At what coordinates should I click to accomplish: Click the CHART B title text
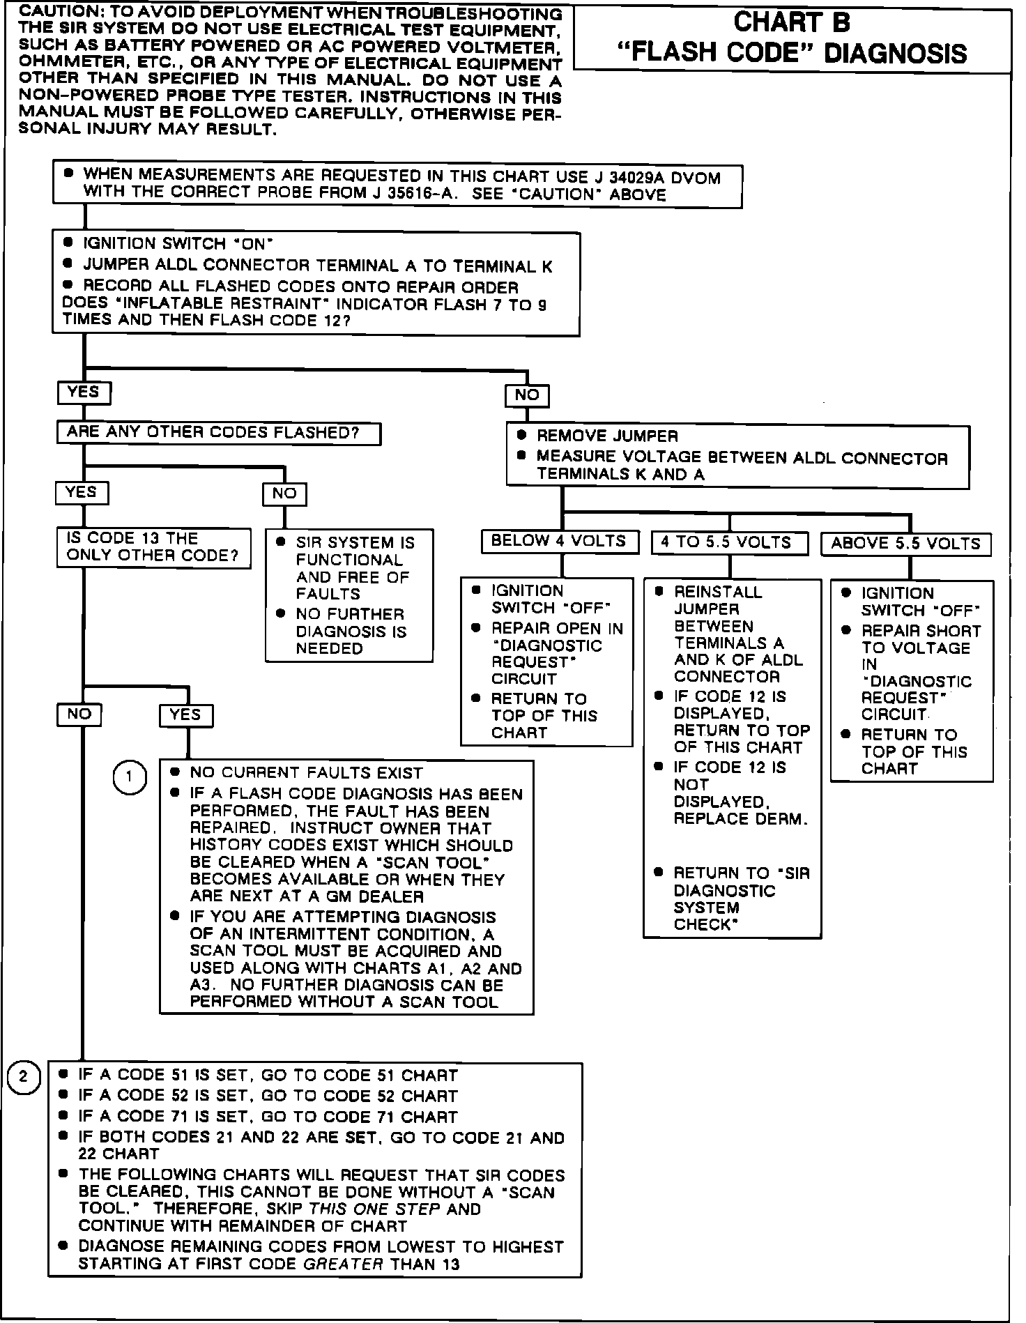tap(792, 23)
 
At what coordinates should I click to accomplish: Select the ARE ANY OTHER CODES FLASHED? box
tap(218, 433)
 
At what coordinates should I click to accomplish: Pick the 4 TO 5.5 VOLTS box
tap(729, 543)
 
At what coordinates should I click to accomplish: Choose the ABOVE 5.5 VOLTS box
tap(905, 544)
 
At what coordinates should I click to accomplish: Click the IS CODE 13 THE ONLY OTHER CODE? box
tap(153, 547)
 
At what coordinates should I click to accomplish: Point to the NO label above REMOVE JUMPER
tap(527, 396)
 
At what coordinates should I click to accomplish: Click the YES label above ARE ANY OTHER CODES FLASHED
tap(84, 392)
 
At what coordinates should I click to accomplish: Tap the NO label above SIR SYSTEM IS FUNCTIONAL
tap(284, 494)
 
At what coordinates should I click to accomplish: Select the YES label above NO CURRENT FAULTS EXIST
tap(185, 715)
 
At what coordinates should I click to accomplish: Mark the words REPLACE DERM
tap(741, 819)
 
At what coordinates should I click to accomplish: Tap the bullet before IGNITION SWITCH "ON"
tap(68, 243)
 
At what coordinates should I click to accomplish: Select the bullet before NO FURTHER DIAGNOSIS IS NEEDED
tap(281, 614)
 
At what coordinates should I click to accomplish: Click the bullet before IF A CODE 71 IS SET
tap(64, 1116)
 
